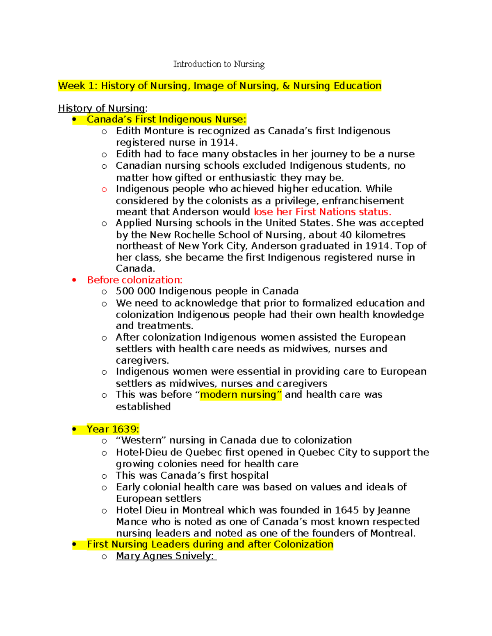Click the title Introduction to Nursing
point(219,64)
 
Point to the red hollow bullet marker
point(104,189)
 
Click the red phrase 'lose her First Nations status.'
point(322,212)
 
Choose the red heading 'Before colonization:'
point(134,280)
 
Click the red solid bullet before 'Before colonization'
point(74,280)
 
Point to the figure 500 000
point(135,291)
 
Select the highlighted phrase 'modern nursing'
point(240,395)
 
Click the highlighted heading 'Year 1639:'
point(113,429)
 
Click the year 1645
point(346,510)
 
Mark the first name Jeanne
point(393,510)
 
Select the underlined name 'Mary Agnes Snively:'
point(166,556)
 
